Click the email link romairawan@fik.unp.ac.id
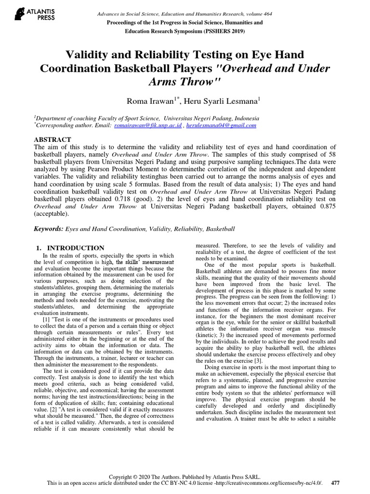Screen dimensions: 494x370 (148, 125)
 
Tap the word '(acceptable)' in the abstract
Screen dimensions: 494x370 (52, 215)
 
